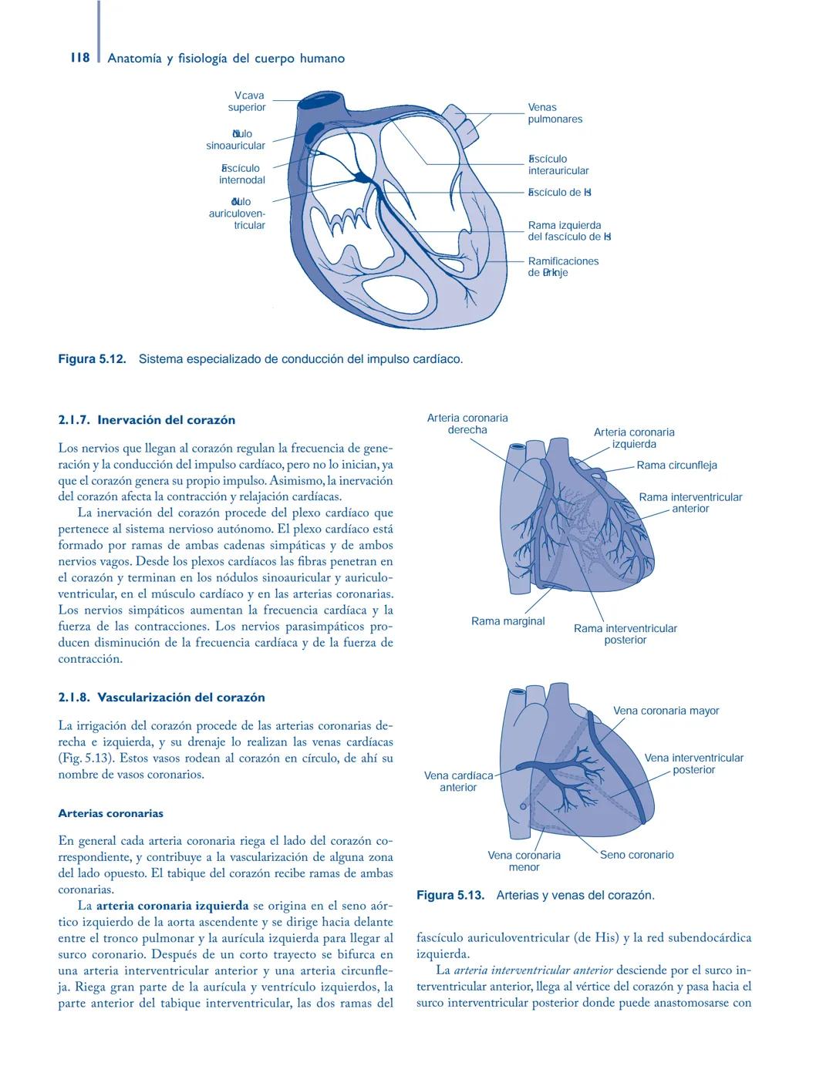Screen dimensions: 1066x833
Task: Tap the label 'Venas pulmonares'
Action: pyautogui.click(x=555, y=113)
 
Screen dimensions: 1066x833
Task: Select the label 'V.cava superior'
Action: pyautogui.click(x=247, y=102)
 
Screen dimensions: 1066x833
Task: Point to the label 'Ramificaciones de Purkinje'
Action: pyautogui.click(x=563, y=267)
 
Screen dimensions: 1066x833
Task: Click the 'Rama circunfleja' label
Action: pyautogui.click(x=676, y=465)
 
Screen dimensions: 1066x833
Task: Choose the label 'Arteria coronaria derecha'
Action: pyautogui.click(x=467, y=424)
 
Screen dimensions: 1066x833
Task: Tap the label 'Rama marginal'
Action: pyautogui.click(x=508, y=621)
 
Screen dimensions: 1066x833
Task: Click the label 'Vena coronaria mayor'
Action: pyautogui.click(x=666, y=711)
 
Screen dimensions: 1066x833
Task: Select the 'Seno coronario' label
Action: pyautogui.click(x=636, y=855)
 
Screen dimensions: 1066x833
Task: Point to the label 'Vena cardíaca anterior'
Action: pyautogui.click(x=458, y=782)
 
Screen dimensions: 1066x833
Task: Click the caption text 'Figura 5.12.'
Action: pyautogui.click(x=92, y=359)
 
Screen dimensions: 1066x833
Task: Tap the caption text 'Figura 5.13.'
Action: pyautogui.click(x=450, y=895)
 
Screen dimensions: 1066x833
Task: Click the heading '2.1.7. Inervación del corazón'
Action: pyautogui.click(x=147, y=420)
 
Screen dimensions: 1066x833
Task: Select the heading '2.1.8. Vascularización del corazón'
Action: pyautogui.click(x=161, y=698)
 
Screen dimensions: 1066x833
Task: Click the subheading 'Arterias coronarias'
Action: pyautogui.click(x=110, y=813)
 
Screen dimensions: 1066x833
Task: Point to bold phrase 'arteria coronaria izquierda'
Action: pyautogui.click(x=172, y=906)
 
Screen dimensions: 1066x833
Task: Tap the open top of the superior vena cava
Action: pyautogui.click(x=323, y=100)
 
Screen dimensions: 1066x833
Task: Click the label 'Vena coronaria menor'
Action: pyautogui.click(x=524, y=861)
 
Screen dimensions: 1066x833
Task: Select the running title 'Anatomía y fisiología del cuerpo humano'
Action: pyautogui.click(x=226, y=59)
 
